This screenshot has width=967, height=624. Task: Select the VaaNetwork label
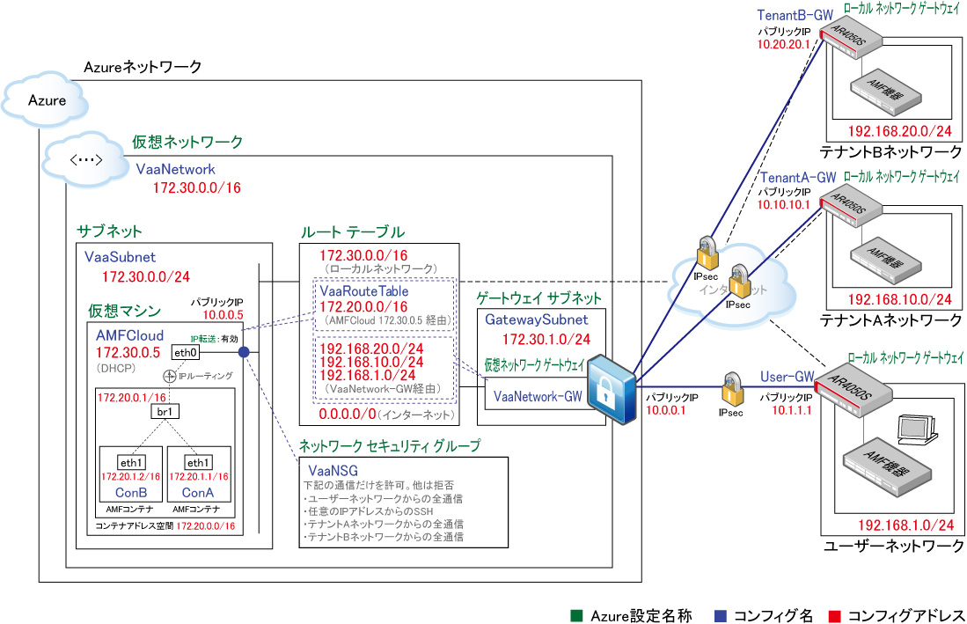pyautogui.click(x=176, y=170)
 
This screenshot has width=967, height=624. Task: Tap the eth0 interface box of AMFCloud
pyautogui.click(x=186, y=352)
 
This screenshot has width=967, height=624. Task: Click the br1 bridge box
pyautogui.click(x=165, y=411)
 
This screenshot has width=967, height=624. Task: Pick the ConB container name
pyautogui.click(x=131, y=493)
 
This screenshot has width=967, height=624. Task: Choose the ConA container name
pyautogui.click(x=198, y=493)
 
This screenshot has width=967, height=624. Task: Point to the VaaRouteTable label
pyautogui.click(x=364, y=291)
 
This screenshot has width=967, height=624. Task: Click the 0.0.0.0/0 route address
pyautogui.click(x=348, y=415)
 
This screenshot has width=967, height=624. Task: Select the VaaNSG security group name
pyautogui.click(x=333, y=471)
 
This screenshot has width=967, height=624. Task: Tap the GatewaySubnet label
pyautogui.click(x=537, y=319)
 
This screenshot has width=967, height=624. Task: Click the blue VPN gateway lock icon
pyautogui.click(x=612, y=389)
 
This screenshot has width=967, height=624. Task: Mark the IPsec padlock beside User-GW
pyautogui.click(x=732, y=388)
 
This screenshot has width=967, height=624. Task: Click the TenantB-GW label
pyautogui.click(x=795, y=15)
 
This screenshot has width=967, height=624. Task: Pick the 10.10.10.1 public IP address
pyautogui.click(x=784, y=205)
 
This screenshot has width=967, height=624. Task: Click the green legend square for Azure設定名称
pyautogui.click(x=576, y=615)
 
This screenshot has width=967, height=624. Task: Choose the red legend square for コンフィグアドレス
pyautogui.click(x=834, y=615)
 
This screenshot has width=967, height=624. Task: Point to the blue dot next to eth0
pyautogui.click(x=244, y=352)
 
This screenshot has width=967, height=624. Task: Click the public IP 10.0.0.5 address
pyautogui.click(x=223, y=314)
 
